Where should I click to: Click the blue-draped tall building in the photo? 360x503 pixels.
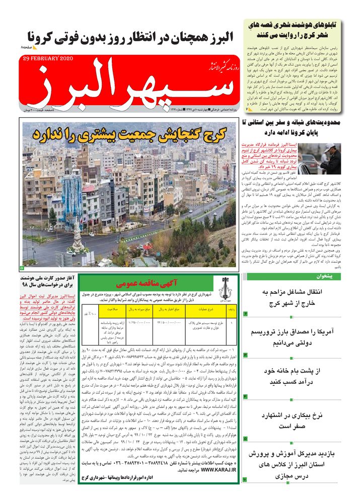pyautogui.click(x=70, y=199)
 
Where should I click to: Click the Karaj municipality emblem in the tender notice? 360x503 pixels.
pyautogui.click(x=224, y=287)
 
